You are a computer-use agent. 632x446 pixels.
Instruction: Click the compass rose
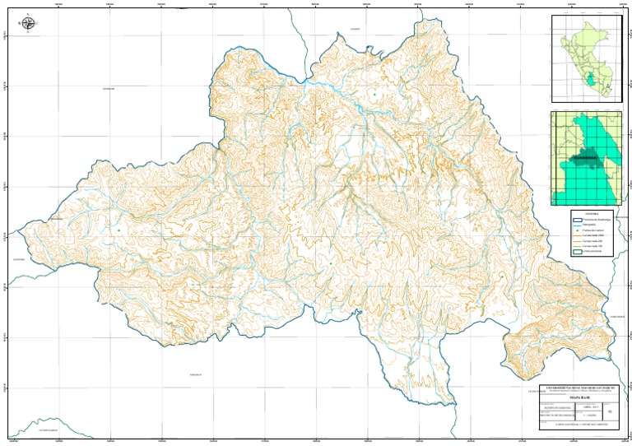pos(30,25)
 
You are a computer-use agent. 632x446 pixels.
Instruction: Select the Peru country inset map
pos(587,58)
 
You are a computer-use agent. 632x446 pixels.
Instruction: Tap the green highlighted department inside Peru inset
pos(590,81)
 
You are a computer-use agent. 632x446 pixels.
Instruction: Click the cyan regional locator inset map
pos(587,159)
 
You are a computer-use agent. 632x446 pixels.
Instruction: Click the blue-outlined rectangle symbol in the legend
pos(577,221)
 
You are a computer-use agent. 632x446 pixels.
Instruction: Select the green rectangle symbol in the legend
pos(577,253)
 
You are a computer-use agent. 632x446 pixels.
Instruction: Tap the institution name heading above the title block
pos(576,385)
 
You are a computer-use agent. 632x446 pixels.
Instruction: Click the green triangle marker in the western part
pos(118,230)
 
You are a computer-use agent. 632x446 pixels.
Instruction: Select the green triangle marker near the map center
pos(330,263)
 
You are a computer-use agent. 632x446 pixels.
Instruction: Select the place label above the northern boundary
pos(355,30)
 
